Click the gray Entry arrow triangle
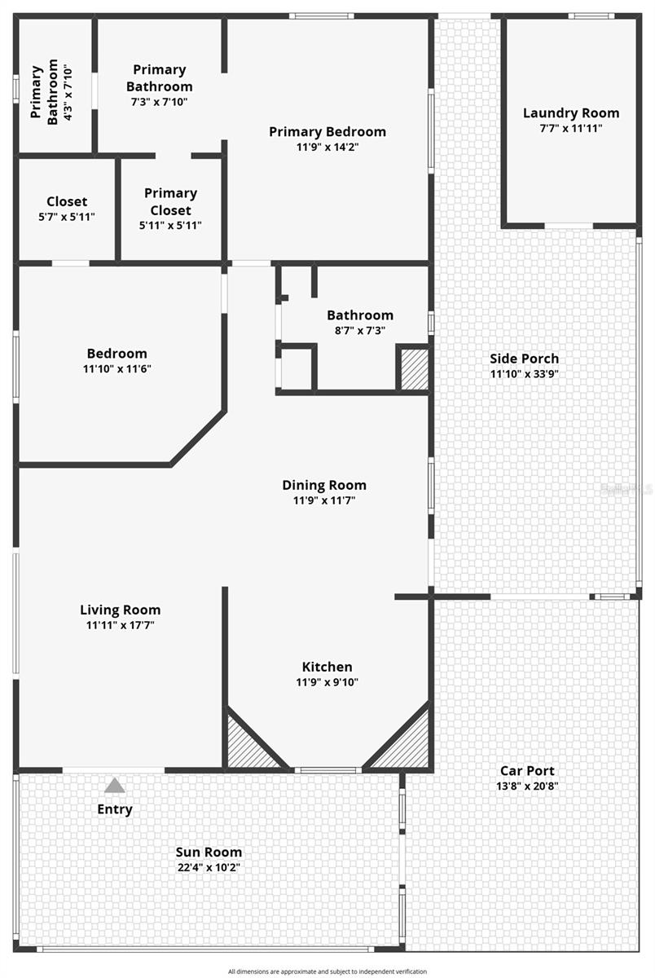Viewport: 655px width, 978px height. click(115, 785)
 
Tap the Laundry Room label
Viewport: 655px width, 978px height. click(571, 113)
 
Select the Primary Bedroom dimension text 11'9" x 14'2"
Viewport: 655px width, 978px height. click(327, 147)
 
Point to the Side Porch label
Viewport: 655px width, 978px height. click(524, 359)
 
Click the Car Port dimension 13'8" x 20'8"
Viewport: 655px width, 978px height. click(527, 786)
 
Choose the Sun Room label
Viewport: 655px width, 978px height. click(209, 852)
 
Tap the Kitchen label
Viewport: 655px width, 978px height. click(327, 667)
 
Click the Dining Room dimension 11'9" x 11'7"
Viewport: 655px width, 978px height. click(324, 500)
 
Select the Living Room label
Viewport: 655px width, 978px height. click(120, 610)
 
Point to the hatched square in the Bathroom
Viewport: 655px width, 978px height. click(414, 369)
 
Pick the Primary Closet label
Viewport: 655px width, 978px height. click(170, 202)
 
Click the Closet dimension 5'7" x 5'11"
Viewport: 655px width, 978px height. click(67, 217)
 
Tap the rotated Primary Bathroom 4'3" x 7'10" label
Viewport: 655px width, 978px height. click(51, 92)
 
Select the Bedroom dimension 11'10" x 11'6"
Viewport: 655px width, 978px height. click(117, 368)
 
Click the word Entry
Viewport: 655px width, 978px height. click(115, 809)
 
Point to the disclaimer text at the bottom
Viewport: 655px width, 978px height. click(327, 971)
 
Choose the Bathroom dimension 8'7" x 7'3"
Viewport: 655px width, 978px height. click(360, 331)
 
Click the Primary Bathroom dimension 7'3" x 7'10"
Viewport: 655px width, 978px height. click(160, 102)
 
